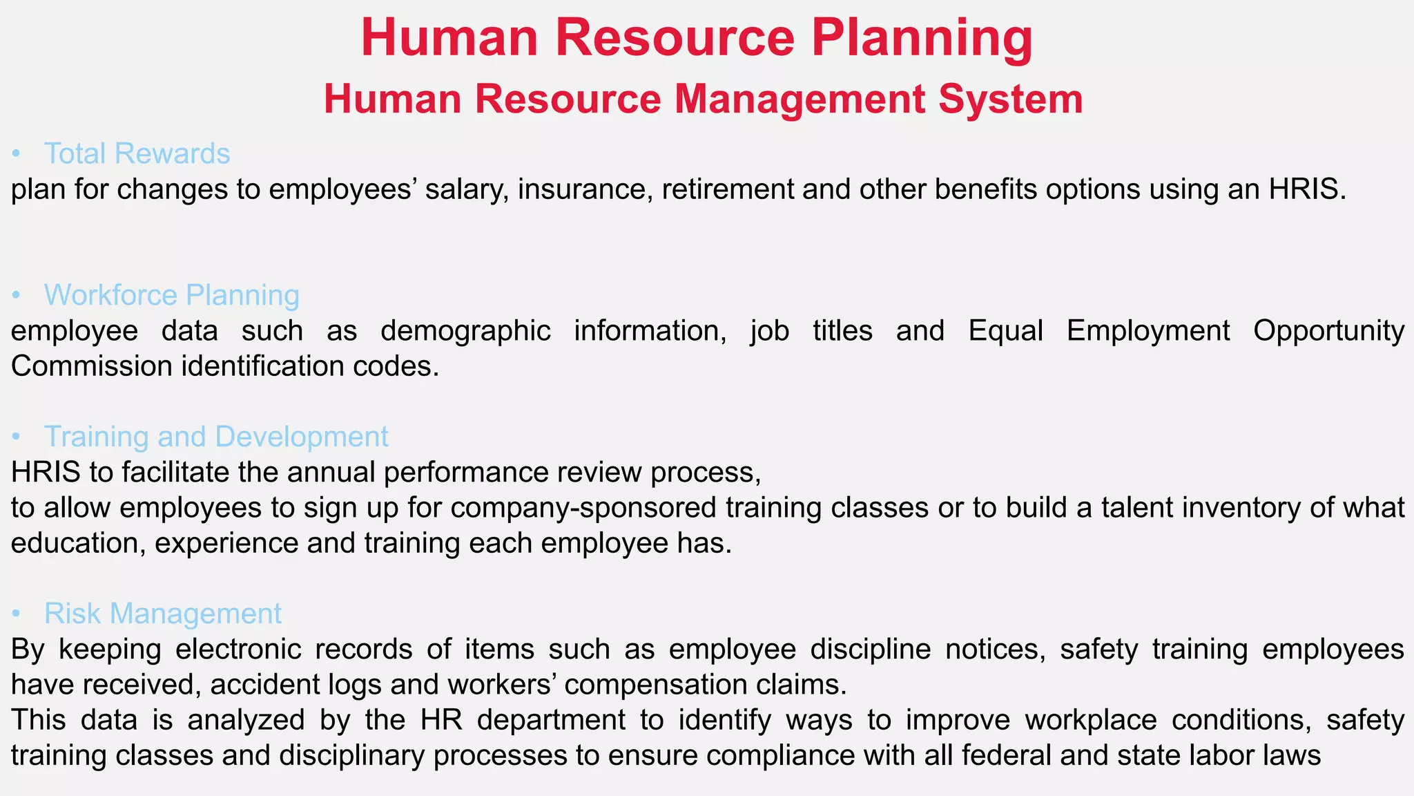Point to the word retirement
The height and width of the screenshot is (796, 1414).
[x=728, y=189]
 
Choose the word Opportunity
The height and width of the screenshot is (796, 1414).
[x=1328, y=331]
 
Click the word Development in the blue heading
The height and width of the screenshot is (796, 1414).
[x=302, y=437]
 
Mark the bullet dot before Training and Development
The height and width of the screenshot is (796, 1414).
[x=17, y=437]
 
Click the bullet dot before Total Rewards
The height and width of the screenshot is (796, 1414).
[x=17, y=154]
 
